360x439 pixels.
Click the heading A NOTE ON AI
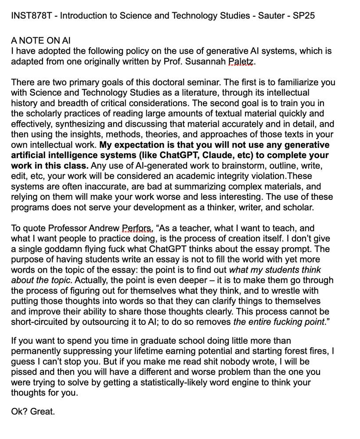click(x=40, y=41)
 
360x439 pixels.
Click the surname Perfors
click(x=137, y=229)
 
